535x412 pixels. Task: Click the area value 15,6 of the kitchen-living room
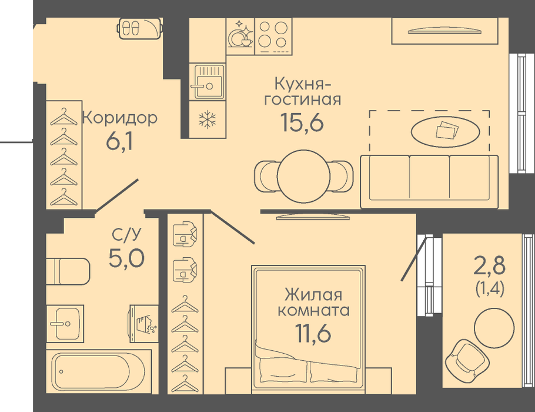pos(302,122)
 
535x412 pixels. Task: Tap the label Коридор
pos(120,118)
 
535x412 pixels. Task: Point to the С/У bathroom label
pos(126,235)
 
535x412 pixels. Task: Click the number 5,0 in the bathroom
pos(126,258)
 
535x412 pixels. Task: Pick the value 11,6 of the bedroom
pos(313,333)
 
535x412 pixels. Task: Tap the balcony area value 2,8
pos(489,266)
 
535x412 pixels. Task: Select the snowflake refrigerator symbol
pos(208,119)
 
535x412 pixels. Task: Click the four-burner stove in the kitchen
pos(273,36)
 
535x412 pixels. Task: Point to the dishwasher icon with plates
pos(240,36)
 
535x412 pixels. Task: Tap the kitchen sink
pos(207,82)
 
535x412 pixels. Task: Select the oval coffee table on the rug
pos(445,131)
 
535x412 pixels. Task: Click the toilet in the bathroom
pos(68,271)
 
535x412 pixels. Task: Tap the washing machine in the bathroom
pos(143,324)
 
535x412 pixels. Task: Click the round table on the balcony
pos(494,328)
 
